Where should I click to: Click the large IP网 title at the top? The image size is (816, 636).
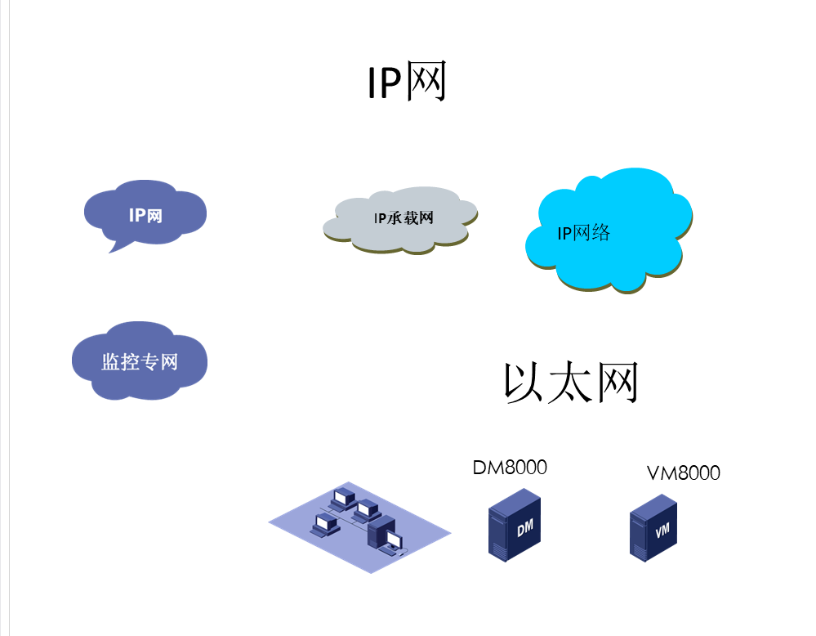(407, 83)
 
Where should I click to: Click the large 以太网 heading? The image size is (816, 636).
(570, 383)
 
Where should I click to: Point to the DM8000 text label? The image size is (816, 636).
(510, 468)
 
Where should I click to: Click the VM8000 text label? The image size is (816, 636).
(684, 473)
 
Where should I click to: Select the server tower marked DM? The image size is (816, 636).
(515, 525)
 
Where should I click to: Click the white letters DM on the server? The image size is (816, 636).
(524, 528)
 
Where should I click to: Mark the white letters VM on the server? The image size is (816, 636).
(662, 531)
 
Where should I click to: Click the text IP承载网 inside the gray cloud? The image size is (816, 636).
(403, 218)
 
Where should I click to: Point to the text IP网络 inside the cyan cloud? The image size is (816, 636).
(583, 233)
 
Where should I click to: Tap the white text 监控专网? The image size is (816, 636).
(139, 361)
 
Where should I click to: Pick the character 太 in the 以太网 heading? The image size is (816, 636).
(569, 383)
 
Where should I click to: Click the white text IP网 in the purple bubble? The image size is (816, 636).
(145, 215)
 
